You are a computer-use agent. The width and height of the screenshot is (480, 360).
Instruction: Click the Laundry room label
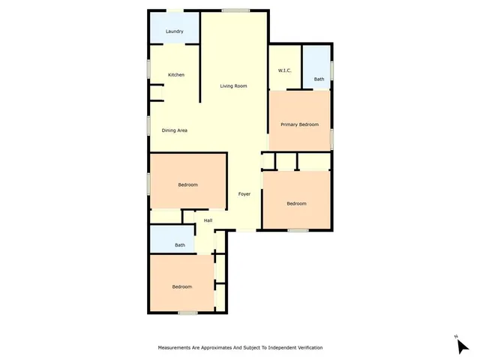coord(174,31)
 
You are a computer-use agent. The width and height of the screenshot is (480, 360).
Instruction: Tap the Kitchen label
coord(176,75)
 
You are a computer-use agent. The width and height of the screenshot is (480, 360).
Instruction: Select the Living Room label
coord(233,86)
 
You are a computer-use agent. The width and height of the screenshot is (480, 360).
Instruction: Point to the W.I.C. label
coord(284,70)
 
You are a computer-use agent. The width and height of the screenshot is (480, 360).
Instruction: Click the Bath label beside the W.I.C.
coord(319,79)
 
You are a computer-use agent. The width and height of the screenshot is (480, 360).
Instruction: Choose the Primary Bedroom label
coord(299,124)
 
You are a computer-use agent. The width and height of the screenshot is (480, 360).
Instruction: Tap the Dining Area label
coord(175,130)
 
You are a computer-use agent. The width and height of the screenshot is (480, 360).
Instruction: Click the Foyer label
coord(244,194)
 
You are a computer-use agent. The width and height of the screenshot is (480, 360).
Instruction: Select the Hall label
coord(208,220)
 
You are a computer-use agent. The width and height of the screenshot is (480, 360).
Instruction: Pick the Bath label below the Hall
coord(180,245)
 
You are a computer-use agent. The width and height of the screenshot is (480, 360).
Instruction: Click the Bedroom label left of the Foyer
coord(187,184)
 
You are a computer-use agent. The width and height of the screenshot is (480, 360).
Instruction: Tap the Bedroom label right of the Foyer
coord(296,203)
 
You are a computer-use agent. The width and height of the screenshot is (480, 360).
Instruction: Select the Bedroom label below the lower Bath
coord(181,286)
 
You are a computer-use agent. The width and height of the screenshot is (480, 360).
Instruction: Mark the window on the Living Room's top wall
coord(235,10)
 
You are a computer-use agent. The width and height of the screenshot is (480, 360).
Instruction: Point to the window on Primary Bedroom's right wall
coord(331,139)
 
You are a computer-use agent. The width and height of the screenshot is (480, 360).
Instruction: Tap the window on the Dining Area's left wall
coord(148,125)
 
